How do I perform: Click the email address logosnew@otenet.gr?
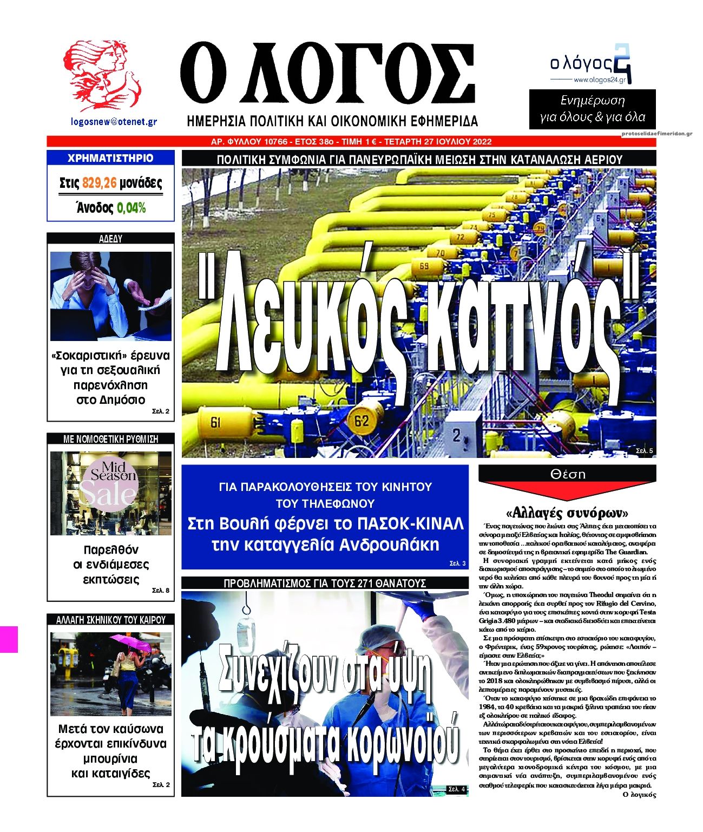click(x=114, y=122)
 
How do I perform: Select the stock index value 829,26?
click(x=100, y=184)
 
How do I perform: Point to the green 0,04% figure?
click(x=132, y=208)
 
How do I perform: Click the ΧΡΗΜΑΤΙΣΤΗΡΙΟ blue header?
click(x=110, y=158)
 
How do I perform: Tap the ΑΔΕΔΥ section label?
click(x=110, y=238)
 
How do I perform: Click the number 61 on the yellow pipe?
click(x=215, y=422)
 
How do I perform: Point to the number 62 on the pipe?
click(x=361, y=420)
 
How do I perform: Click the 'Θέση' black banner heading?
click(x=568, y=474)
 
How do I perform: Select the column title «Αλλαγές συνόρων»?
click(x=567, y=512)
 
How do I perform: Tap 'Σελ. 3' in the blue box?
click(x=457, y=564)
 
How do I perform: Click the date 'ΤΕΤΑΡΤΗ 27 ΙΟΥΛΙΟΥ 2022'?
click(x=436, y=142)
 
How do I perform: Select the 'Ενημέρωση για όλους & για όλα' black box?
click(x=592, y=109)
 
